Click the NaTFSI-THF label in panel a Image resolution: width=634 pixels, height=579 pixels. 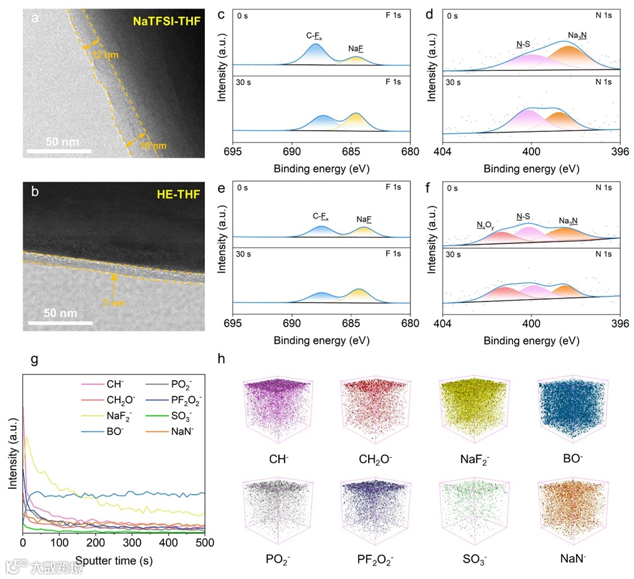click(165, 21)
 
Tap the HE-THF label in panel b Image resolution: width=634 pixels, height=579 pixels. click(179, 195)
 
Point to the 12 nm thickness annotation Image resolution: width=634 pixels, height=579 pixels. click(102, 55)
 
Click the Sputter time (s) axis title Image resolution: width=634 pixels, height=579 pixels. click(114, 560)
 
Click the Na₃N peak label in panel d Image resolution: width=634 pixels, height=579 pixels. click(577, 35)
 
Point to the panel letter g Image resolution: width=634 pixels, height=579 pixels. click(35, 359)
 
